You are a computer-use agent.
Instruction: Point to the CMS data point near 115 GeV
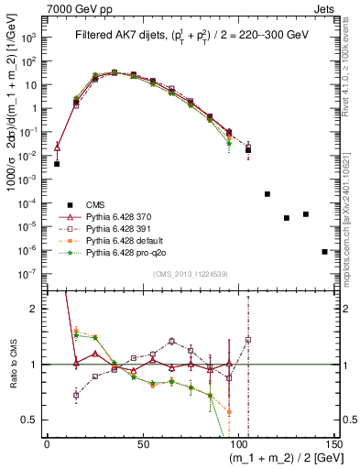267,194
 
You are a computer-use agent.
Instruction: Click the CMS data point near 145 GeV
325,251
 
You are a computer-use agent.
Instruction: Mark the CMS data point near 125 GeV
287,218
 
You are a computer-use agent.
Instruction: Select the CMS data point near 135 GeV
306,214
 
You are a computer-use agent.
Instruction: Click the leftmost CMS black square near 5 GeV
57,164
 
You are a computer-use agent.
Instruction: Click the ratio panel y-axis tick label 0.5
34,420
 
